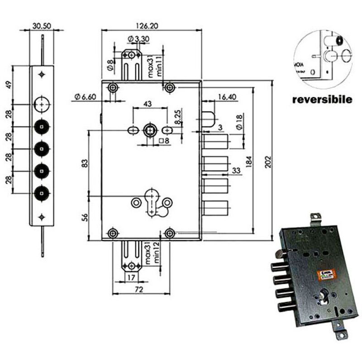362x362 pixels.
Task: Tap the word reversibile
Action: tap(322, 99)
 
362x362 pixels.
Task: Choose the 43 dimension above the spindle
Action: tap(147, 104)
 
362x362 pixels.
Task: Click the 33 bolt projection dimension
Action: tap(236, 171)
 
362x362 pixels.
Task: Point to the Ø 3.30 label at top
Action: tap(138, 39)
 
